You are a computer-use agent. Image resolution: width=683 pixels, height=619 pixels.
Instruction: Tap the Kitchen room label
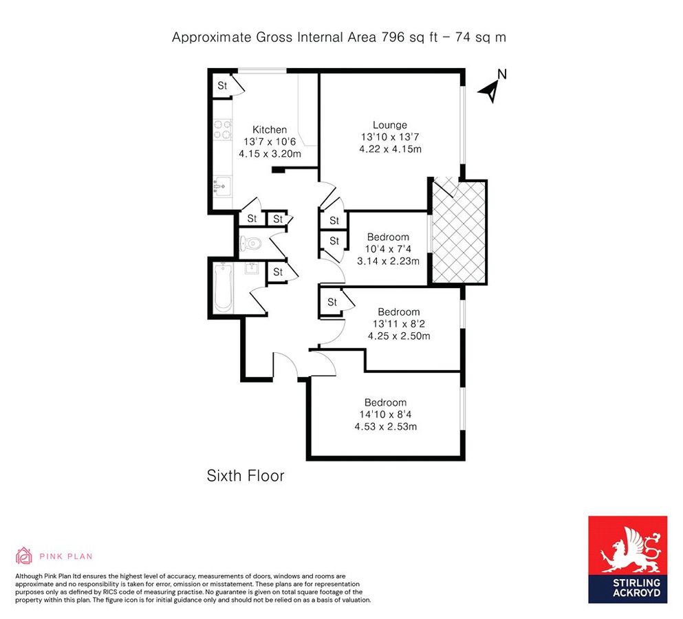(270, 130)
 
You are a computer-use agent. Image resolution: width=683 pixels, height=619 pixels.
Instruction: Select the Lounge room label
(390, 125)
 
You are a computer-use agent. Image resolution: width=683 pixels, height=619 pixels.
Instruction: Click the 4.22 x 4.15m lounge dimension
(390, 149)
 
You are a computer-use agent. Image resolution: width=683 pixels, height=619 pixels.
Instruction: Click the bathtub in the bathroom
(223, 287)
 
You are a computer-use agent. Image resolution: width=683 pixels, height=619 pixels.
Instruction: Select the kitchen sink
(222, 185)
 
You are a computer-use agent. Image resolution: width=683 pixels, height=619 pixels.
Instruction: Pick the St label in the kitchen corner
(223, 86)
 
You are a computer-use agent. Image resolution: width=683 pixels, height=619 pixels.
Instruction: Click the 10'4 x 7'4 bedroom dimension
(388, 249)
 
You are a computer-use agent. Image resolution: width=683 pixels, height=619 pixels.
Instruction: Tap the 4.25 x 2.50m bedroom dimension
(399, 336)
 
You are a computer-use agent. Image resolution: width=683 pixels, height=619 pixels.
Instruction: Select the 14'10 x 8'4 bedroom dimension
(385, 415)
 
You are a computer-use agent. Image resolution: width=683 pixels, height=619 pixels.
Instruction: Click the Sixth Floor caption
(246, 475)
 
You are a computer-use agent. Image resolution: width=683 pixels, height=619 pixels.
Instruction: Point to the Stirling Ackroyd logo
(627, 559)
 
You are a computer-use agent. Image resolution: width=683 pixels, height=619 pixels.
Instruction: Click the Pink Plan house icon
(23, 556)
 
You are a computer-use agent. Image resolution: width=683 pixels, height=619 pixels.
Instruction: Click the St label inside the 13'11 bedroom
(332, 302)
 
